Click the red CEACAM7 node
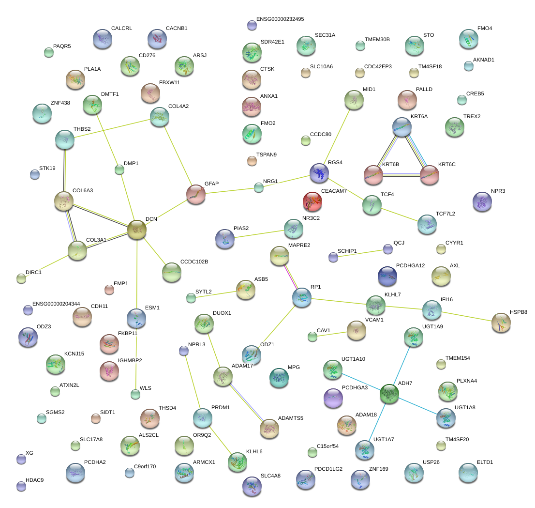[312, 201]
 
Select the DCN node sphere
[137, 230]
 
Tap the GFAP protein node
[196, 194]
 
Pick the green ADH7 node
[389, 394]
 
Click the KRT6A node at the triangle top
[402, 126]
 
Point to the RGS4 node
[319, 173]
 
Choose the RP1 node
[301, 297]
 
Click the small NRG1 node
[259, 188]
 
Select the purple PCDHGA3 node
[333, 398]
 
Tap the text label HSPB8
[518, 312]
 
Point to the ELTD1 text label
[485, 462]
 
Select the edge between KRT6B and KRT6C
[401, 175]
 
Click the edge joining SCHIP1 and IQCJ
[360, 253]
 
